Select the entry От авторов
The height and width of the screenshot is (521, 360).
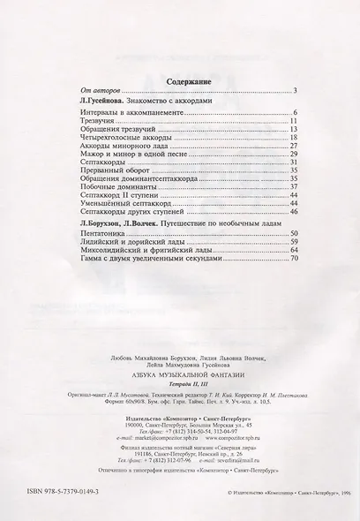[x=98, y=91]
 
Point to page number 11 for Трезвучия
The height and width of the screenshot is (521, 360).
[x=296, y=122]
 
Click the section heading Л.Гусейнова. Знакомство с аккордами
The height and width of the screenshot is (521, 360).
[x=146, y=102]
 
